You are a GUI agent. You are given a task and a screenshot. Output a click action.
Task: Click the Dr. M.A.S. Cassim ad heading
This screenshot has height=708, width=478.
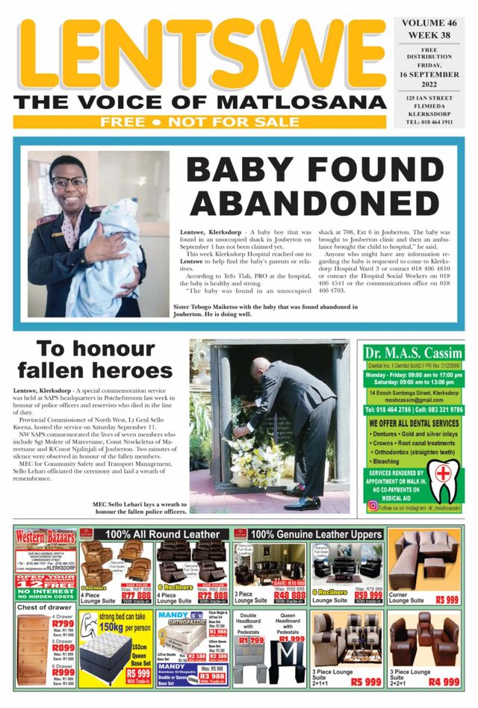413,353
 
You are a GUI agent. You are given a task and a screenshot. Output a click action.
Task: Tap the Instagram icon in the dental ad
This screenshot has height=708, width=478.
373,506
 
